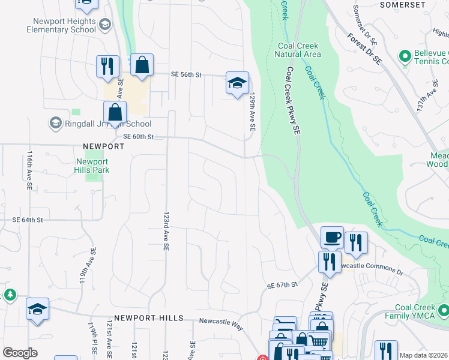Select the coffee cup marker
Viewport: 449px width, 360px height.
click(x=332, y=237)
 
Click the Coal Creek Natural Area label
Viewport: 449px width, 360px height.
click(x=299, y=50)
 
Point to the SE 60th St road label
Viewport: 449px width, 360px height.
click(x=139, y=137)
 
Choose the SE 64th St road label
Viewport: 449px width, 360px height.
click(x=27, y=220)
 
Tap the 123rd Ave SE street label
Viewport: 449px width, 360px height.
click(x=167, y=230)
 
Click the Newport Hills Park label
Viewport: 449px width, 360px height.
click(x=92, y=166)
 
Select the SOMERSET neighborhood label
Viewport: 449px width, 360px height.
click(x=403, y=5)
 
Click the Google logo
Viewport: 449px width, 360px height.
click(x=20, y=353)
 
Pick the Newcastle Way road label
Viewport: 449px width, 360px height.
click(x=221, y=321)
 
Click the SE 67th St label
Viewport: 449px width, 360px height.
click(x=283, y=285)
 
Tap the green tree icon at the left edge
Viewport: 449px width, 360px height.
click(x=10, y=295)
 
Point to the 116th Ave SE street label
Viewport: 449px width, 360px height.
click(x=29, y=170)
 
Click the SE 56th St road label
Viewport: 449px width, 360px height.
click(x=186, y=74)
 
